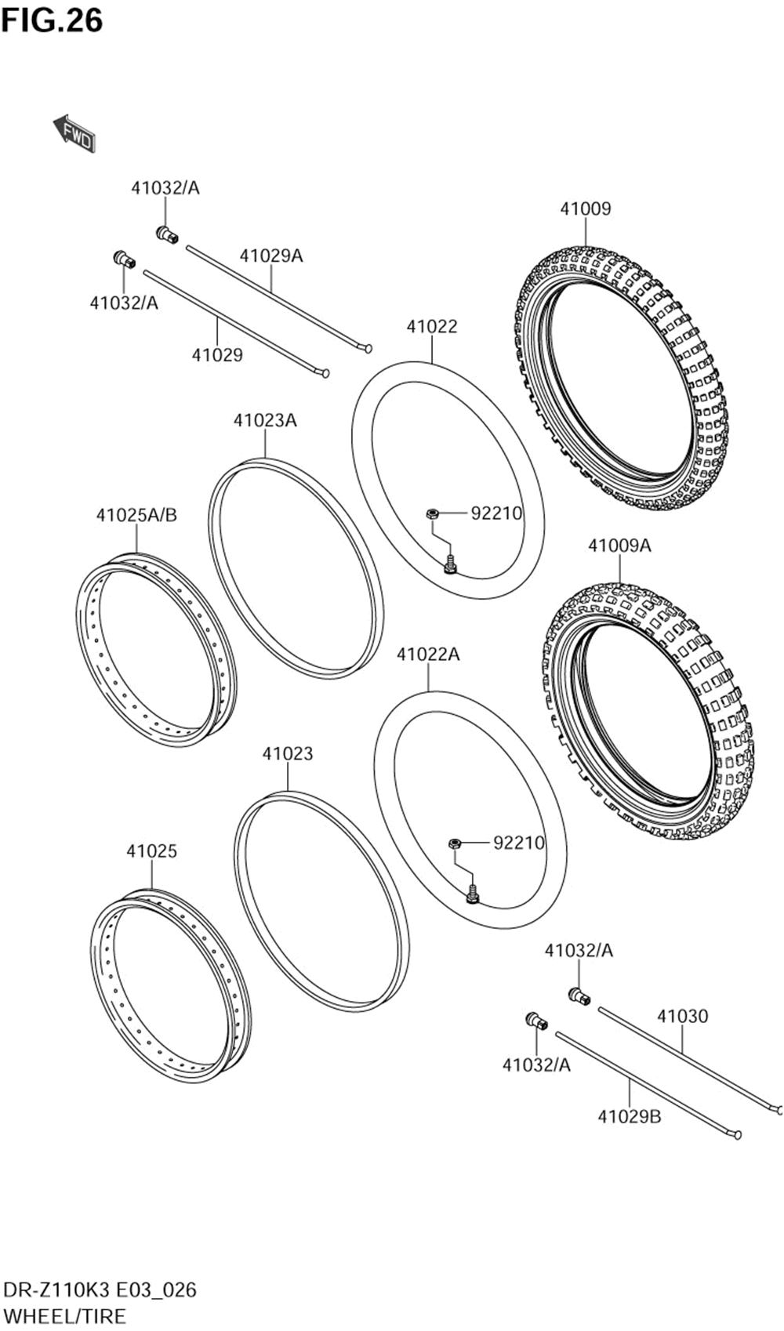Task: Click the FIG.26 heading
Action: click(x=52, y=20)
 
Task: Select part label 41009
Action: click(x=585, y=209)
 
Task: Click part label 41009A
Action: click(x=619, y=546)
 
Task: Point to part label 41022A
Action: click(x=428, y=654)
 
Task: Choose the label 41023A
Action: click(x=264, y=420)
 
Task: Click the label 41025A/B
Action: click(x=136, y=515)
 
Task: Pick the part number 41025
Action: click(x=151, y=850)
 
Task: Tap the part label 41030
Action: click(x=682, y=1016)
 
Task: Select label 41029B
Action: click(x=629, y=1116)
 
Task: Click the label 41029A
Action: click(x=270, y=256)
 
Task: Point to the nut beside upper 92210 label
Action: click(x=431, y=514)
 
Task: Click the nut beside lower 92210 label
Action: click(x=453, y=843)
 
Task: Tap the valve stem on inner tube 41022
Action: click(x=450, y=564)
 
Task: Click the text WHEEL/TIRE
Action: click(x=64, y=1315)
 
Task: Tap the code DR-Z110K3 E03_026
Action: click(x=100, y=1289)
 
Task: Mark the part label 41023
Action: click(x=287, y=753)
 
